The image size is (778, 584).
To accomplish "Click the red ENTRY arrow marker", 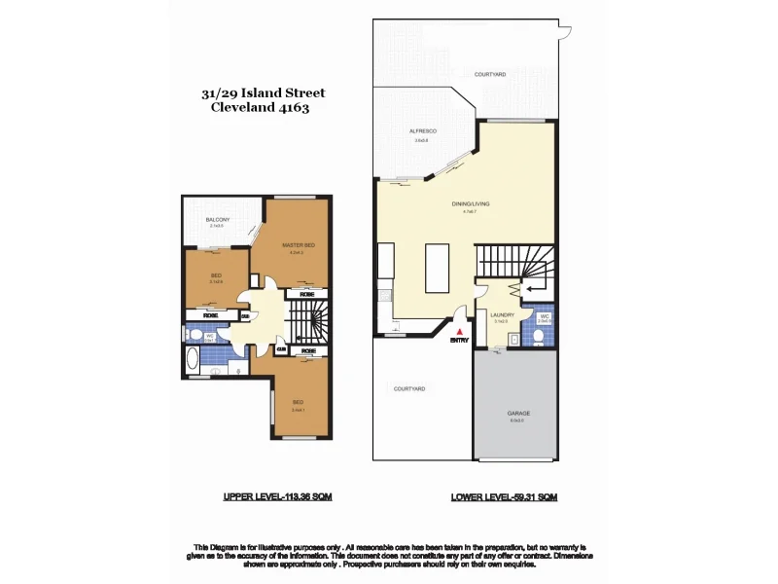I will coord(454,332).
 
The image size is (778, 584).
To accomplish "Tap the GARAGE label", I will coord(517,414).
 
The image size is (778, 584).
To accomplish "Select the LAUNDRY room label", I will coord(503,315).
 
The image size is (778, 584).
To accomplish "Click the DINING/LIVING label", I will coord(470,204).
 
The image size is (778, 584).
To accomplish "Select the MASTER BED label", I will coord(298,245).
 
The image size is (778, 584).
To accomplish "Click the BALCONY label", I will coord(217,221).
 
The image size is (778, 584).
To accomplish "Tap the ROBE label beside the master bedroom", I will coord(306,293).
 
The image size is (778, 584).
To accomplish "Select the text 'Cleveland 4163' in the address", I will coord(260,109).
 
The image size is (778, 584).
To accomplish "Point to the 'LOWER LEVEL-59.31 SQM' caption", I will coord(503,496).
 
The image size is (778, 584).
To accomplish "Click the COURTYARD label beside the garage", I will coord(408,388).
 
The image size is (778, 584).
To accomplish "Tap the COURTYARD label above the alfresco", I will coord(490,74).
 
